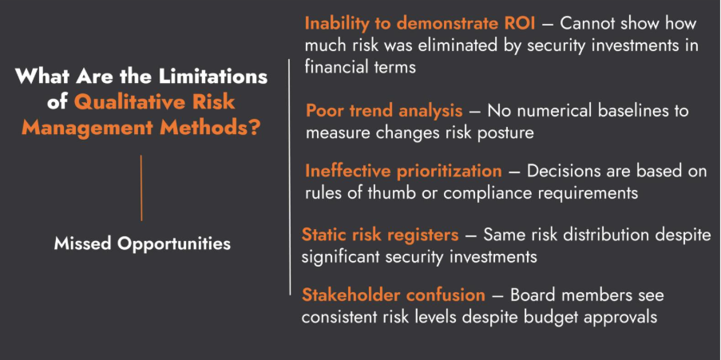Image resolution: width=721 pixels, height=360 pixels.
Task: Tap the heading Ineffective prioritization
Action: coord(403,171)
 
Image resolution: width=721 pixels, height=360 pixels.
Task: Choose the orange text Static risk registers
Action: coord(379,235)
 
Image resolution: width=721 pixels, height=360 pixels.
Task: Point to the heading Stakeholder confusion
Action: coord(394,295)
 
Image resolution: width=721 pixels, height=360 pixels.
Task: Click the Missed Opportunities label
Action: coord(142,243)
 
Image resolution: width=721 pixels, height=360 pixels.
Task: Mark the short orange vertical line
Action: coord(141,188)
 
